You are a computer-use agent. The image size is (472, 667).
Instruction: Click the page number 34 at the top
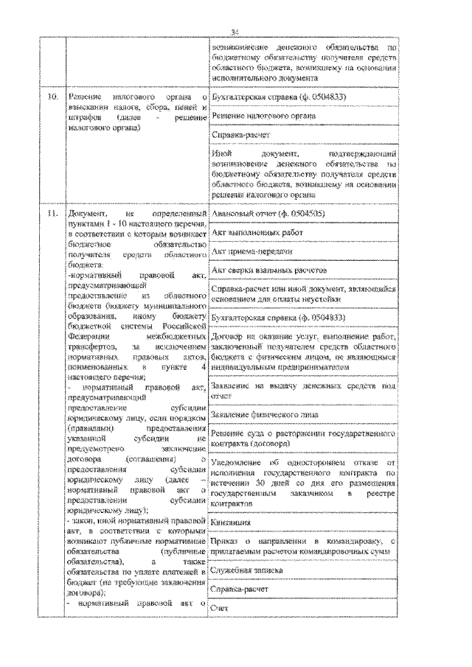click(x=236, y=32)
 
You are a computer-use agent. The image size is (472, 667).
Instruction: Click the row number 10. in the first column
click(x=51, y=97)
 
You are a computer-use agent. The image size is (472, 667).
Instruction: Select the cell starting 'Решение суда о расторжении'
click(x=304, y=439)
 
